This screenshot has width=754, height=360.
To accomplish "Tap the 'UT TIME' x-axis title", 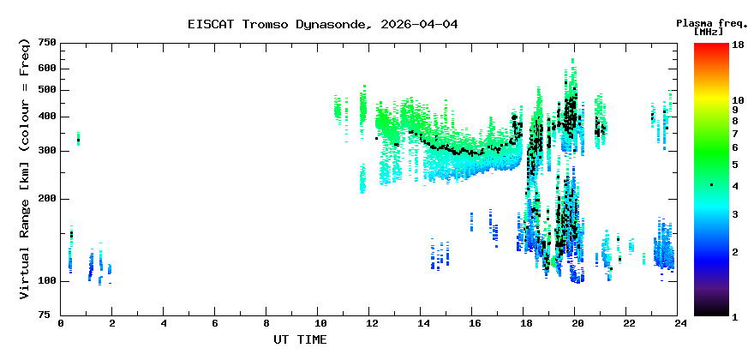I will pyautogui.click(x=300, y=339).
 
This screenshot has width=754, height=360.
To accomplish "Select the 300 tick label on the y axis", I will pyautogui.click(x=47, y=151).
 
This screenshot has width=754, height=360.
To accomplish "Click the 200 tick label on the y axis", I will pyautogui.click(x=47, y=199).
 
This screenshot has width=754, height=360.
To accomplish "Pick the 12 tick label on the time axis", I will pyautogui.click(x=371, y=323).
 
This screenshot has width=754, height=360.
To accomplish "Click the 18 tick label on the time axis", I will pyautogui.click(x=525, y=323).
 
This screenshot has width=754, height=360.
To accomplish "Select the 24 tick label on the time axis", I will pyautogui.click(x=680, y=323).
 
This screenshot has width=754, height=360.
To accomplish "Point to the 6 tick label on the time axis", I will pyautogui.click(x=215, y=323).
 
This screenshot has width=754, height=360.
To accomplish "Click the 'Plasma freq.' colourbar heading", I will pyautogui.click(x=710, y=22).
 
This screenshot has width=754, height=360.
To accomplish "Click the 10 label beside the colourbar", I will pyautogui.click(x=739, y=100).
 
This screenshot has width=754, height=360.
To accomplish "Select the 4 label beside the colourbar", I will pyautogui.click(x=735, y=186).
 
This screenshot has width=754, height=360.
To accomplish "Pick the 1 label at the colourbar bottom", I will pyautogui.click(x=735, y=316).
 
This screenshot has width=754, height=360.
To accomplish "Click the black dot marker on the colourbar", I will pyautogui.click(x=711, y=185).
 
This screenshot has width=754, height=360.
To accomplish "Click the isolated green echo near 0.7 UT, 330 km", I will pyautogui.click(x=78, y=138).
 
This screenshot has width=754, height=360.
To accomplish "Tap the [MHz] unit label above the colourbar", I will pyautogui.click(x=710, y=32).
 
